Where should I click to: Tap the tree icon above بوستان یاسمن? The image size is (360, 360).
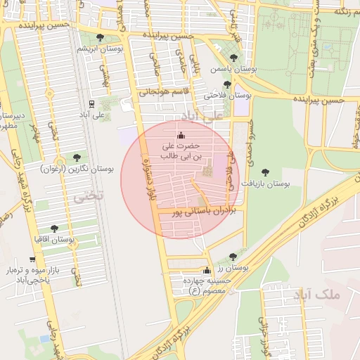tap(233, 58)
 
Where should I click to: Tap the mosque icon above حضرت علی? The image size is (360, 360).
tap(182, 135)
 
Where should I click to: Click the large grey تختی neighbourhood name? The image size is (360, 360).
tap(89, 195)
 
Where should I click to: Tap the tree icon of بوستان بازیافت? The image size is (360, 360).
tap(265, 172)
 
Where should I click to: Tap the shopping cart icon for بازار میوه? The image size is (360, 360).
tap(32, 259)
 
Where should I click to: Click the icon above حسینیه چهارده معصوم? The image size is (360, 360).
tap(207, 271)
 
